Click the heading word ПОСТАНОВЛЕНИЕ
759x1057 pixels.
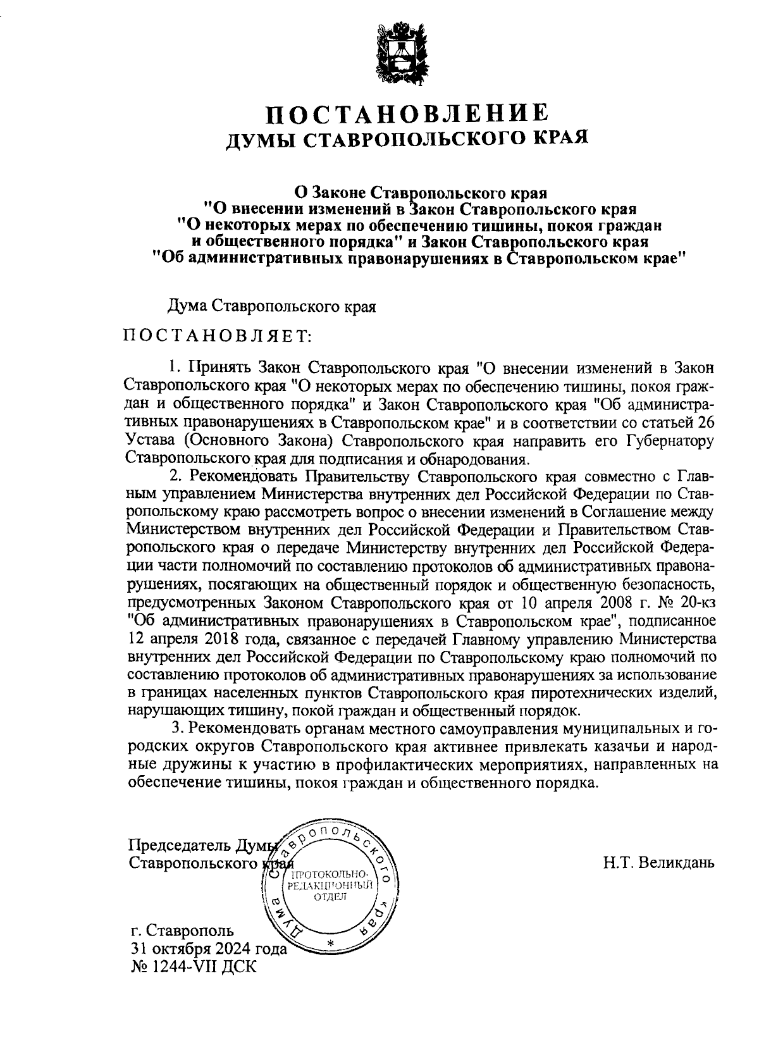[407, 114]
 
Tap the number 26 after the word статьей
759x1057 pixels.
[707, 422]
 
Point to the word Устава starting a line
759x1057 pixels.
[150, 440]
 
